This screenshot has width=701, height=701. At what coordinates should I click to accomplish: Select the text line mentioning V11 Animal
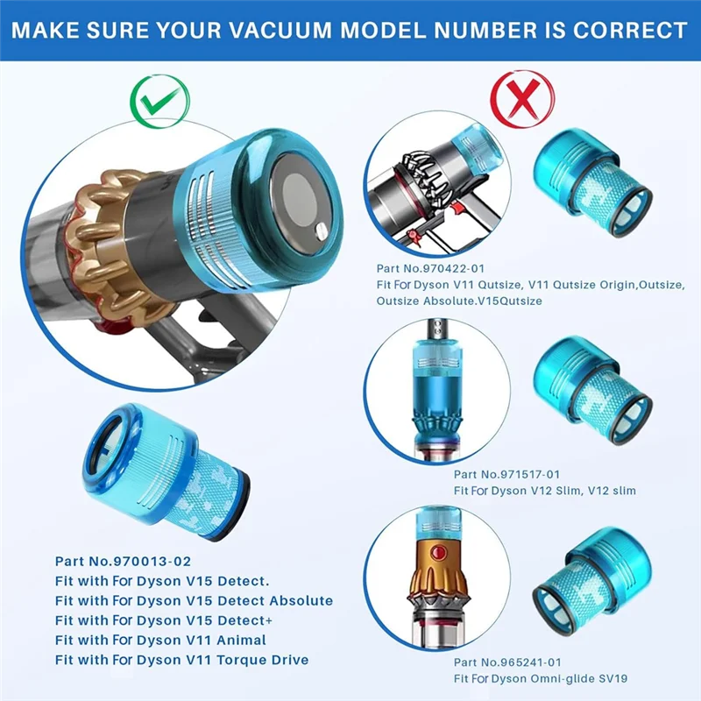click(160, 640)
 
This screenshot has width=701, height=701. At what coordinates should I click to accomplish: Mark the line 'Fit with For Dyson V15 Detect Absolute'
click(194, 600)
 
